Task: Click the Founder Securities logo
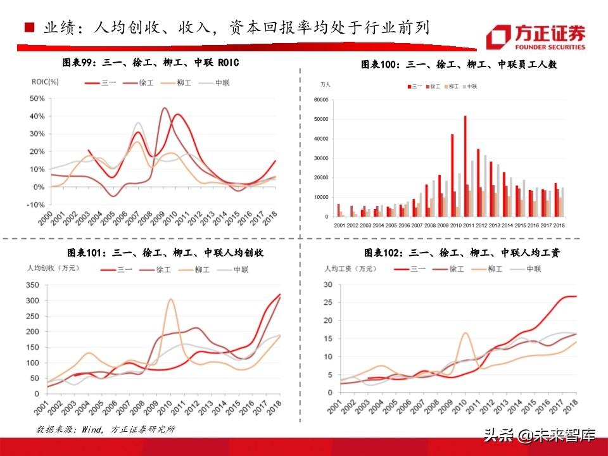(535, 37)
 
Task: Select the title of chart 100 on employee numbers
(459, 64)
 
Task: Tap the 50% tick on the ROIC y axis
(36, 99)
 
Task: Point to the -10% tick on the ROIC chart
(35, 205)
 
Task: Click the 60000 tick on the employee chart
(321, 100)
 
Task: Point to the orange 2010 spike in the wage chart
(465, 333)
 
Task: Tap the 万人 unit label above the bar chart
(326, 84)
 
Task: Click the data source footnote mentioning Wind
(105, 429)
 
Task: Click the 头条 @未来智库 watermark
(539, 435)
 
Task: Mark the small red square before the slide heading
(28, 28)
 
